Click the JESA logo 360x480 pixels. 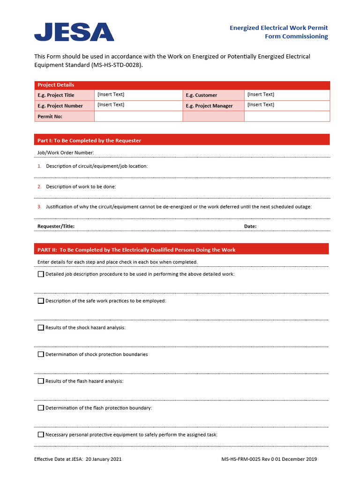pos(74,32)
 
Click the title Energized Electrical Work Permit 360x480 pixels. pos(278,28)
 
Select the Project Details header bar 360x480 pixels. pos(182,85)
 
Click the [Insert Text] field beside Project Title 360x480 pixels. pos(111,95)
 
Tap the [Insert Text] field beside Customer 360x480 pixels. pos(261,95)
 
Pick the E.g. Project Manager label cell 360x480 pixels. pos(209,106)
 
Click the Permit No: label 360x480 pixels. pos(50,116)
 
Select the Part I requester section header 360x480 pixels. pos(182,140)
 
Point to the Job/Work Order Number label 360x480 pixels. pos(66,152)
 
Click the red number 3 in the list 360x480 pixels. pos(40,207)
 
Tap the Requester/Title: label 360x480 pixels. pos(56,226)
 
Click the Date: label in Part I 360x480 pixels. pos(250,226)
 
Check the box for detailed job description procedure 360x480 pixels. pos(41,274)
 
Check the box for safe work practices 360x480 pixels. pos(41,300)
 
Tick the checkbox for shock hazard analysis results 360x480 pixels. pos(41,328)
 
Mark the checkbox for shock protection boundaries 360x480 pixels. pos(41,354)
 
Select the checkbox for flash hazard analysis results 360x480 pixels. pos(41,381)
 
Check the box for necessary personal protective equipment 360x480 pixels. pos(41,435)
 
